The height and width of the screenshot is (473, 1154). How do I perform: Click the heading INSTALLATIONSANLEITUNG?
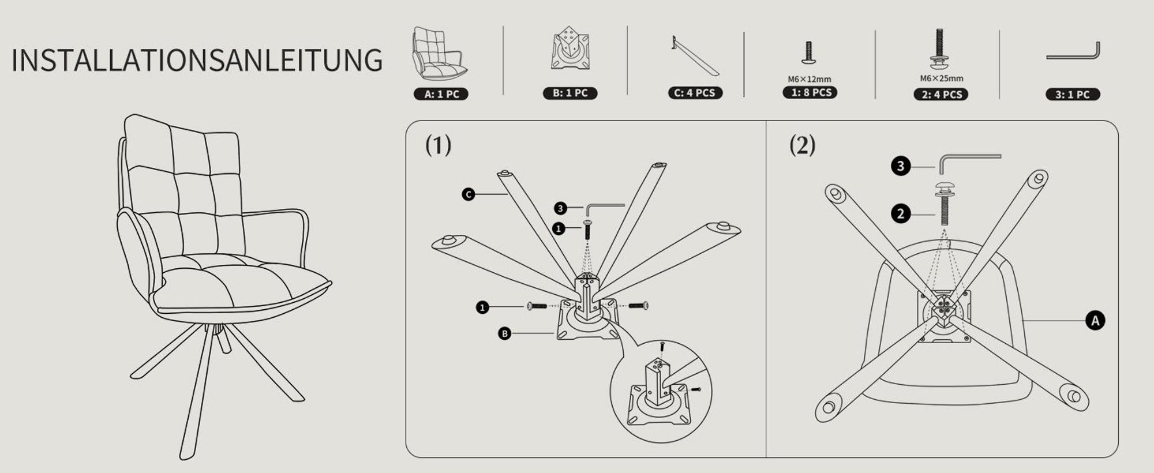point(197,61)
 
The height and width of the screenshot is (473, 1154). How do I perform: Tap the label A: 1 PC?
point(441,94)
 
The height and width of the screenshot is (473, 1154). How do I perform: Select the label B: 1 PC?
point(570,93)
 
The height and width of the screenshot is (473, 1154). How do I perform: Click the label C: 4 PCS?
point(695,93)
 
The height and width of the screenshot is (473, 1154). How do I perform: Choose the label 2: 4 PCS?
point(941,95)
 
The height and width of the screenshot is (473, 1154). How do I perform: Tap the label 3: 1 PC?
point(1073,95)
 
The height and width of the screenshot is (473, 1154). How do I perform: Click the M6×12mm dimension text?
point(810,79)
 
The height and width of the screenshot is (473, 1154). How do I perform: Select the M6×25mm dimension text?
point(942,78)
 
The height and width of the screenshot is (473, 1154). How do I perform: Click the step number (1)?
point(439,145)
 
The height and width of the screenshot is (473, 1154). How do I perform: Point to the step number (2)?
point(803,145)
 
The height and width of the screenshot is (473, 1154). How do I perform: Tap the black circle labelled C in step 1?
point(469,194)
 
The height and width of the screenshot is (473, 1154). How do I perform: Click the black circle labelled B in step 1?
point(505,333)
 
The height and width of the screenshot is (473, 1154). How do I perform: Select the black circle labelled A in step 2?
point(1095,320)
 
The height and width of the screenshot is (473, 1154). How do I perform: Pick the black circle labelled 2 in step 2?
point(901,214)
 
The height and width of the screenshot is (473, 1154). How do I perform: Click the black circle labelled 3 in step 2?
point(901,166)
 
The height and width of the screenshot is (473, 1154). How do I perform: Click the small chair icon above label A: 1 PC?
point(440,53)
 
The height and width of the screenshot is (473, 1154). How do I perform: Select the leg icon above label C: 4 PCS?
point(695,56)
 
